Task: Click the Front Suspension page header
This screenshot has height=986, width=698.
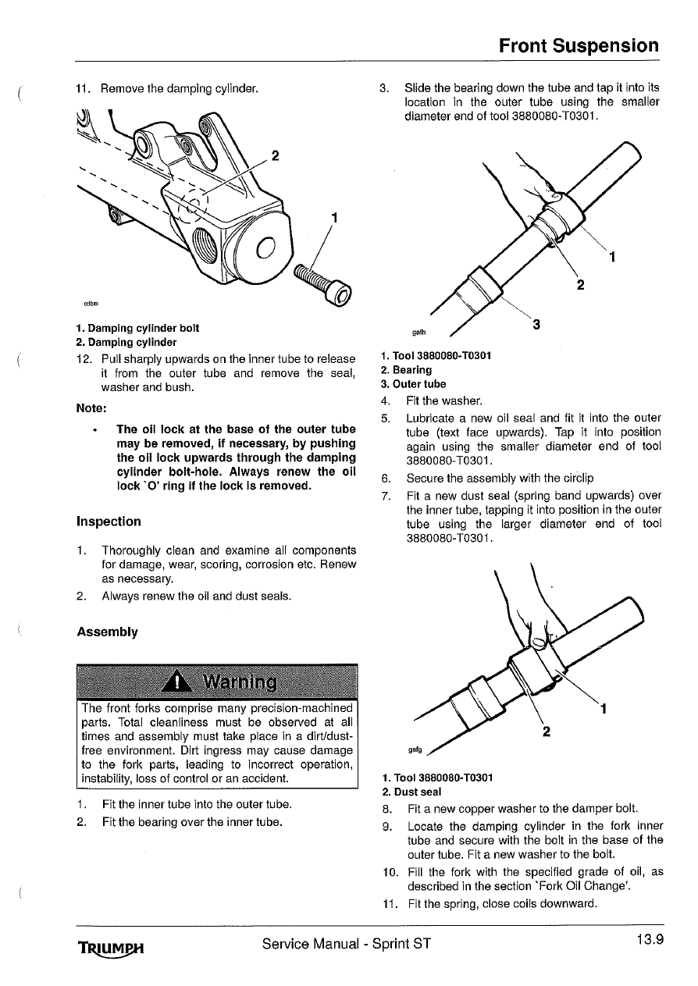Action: [x=579, y=45]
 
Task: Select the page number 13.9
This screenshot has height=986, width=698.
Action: [x=648, y=939]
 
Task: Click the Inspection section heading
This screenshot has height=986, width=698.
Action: [x=109, y=521]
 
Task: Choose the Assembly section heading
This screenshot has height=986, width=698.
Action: [x=107, y=632]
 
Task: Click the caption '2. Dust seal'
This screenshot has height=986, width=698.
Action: [x=411, y=792]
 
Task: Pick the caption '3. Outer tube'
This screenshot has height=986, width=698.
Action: [x=414, y=384]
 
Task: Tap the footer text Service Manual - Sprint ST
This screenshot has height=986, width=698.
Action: [x=347, y=944]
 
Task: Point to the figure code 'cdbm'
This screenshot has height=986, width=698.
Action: [x=90, y=303]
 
